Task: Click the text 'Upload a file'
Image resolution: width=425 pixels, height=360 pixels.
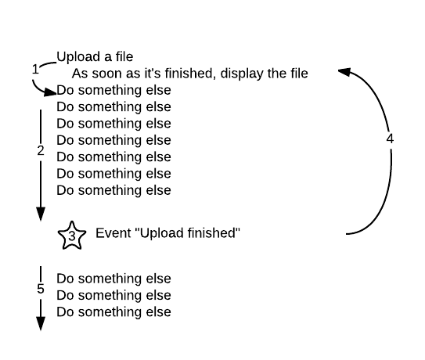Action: pos(95,57)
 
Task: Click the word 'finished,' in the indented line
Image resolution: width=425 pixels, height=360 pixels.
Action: pos(190,74)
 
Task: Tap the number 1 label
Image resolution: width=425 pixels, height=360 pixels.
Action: pos(35,70)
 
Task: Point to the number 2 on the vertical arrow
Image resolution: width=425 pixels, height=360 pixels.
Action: pos(41,151)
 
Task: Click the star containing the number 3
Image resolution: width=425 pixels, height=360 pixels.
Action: pos(72,236)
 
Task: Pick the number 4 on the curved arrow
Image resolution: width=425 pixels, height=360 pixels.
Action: pos(390,139)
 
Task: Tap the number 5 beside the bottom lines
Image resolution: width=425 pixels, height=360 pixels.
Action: pos(41,289)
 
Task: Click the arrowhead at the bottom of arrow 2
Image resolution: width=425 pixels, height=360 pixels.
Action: pos(41,214)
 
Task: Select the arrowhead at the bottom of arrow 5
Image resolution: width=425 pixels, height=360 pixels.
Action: pos(41,324)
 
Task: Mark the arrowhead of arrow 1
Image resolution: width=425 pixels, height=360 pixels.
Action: pos(50,92)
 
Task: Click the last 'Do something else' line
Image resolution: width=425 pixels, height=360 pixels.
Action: pos(113,312)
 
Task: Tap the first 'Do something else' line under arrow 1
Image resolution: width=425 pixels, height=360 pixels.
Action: pos(113,90)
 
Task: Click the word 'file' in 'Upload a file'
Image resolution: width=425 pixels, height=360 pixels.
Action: pos(124,57)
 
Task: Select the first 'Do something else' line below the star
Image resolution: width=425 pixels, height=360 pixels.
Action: pos(113,279)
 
